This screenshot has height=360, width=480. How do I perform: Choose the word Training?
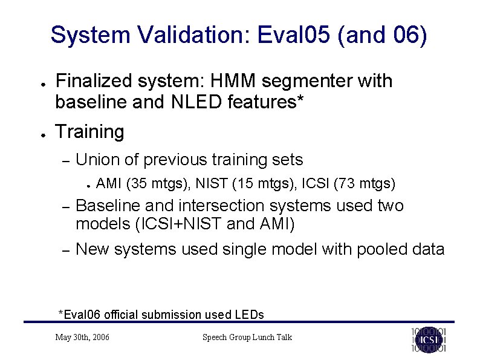point(89,131)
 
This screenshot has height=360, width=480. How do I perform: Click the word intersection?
point(232,206)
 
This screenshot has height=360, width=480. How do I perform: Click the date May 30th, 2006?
point(82,337)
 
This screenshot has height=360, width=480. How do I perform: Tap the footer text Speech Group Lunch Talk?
point(247,337)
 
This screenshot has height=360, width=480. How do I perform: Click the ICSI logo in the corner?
point(429,339)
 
